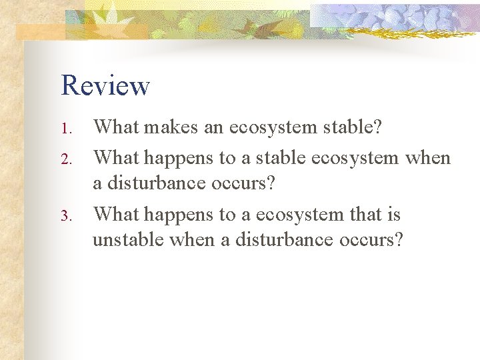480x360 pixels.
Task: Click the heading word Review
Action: point(105,85)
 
